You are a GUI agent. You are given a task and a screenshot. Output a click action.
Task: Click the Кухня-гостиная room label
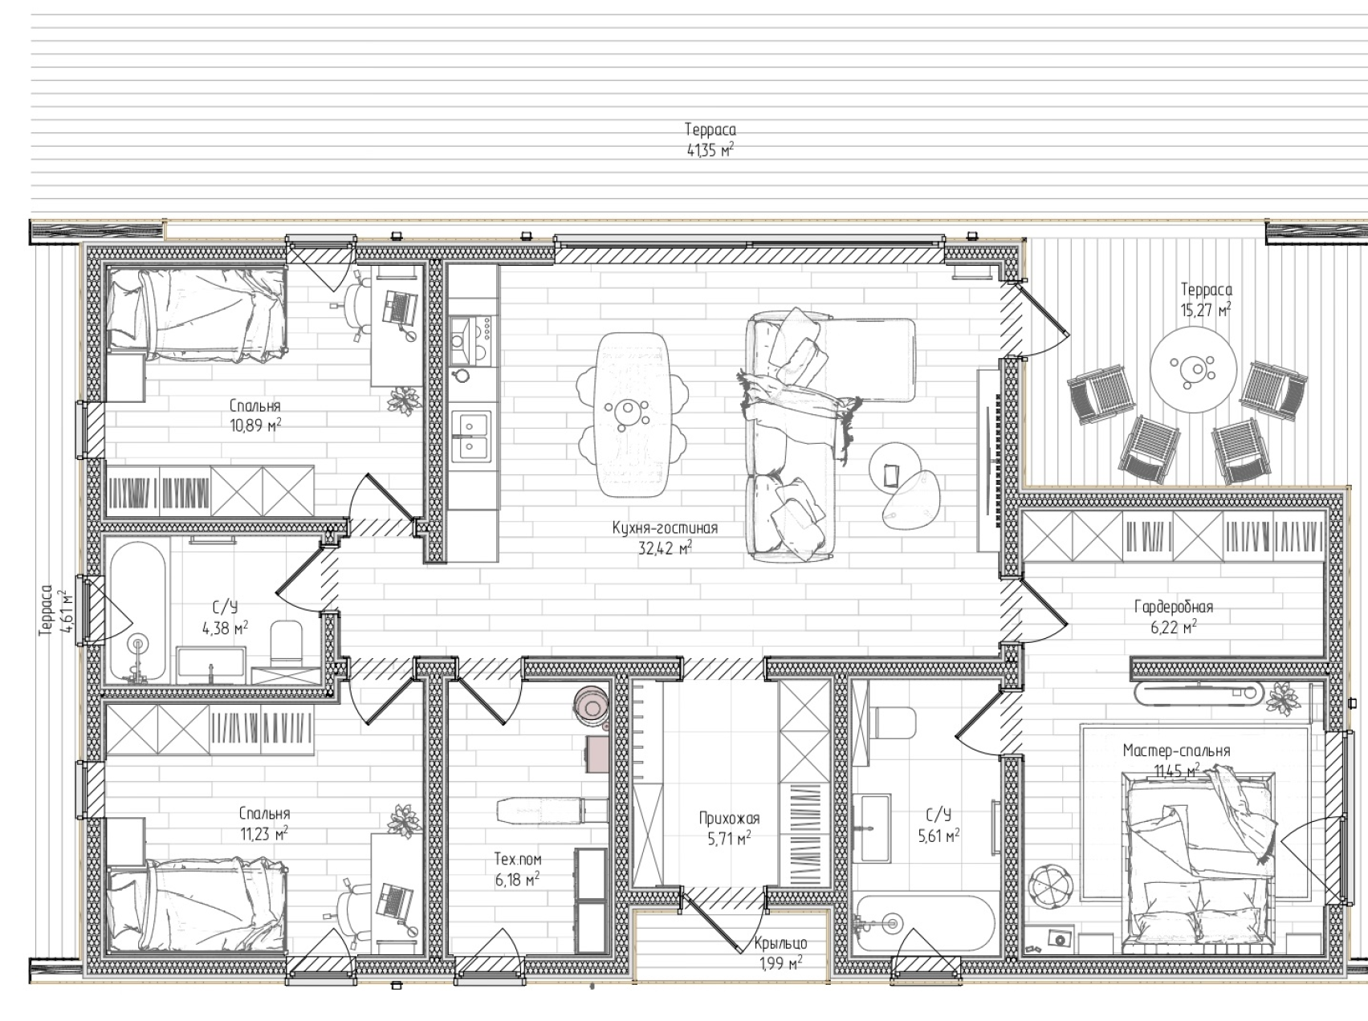[x=664, y=528]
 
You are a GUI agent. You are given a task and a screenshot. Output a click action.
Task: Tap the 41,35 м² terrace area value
[x=710, y=149]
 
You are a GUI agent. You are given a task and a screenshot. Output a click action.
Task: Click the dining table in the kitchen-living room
[x=633, y=413]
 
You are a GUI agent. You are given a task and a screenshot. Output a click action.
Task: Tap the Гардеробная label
[x=1174, y=608]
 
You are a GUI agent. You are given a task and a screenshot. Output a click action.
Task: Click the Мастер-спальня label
[x=1176, y=751]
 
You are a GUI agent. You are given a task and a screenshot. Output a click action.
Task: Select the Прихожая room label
[x=729, y=819]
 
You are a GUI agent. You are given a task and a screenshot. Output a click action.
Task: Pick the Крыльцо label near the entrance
[x=780, y=944]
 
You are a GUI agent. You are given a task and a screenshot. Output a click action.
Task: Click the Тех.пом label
[x=518, y=860]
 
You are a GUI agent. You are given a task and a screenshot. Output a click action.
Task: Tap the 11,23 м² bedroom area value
[x=265, y=834]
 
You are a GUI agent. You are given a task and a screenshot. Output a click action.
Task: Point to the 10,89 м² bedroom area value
[x=255, y=425]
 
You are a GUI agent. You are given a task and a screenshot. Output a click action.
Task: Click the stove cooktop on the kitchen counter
[x=471, y=337]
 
